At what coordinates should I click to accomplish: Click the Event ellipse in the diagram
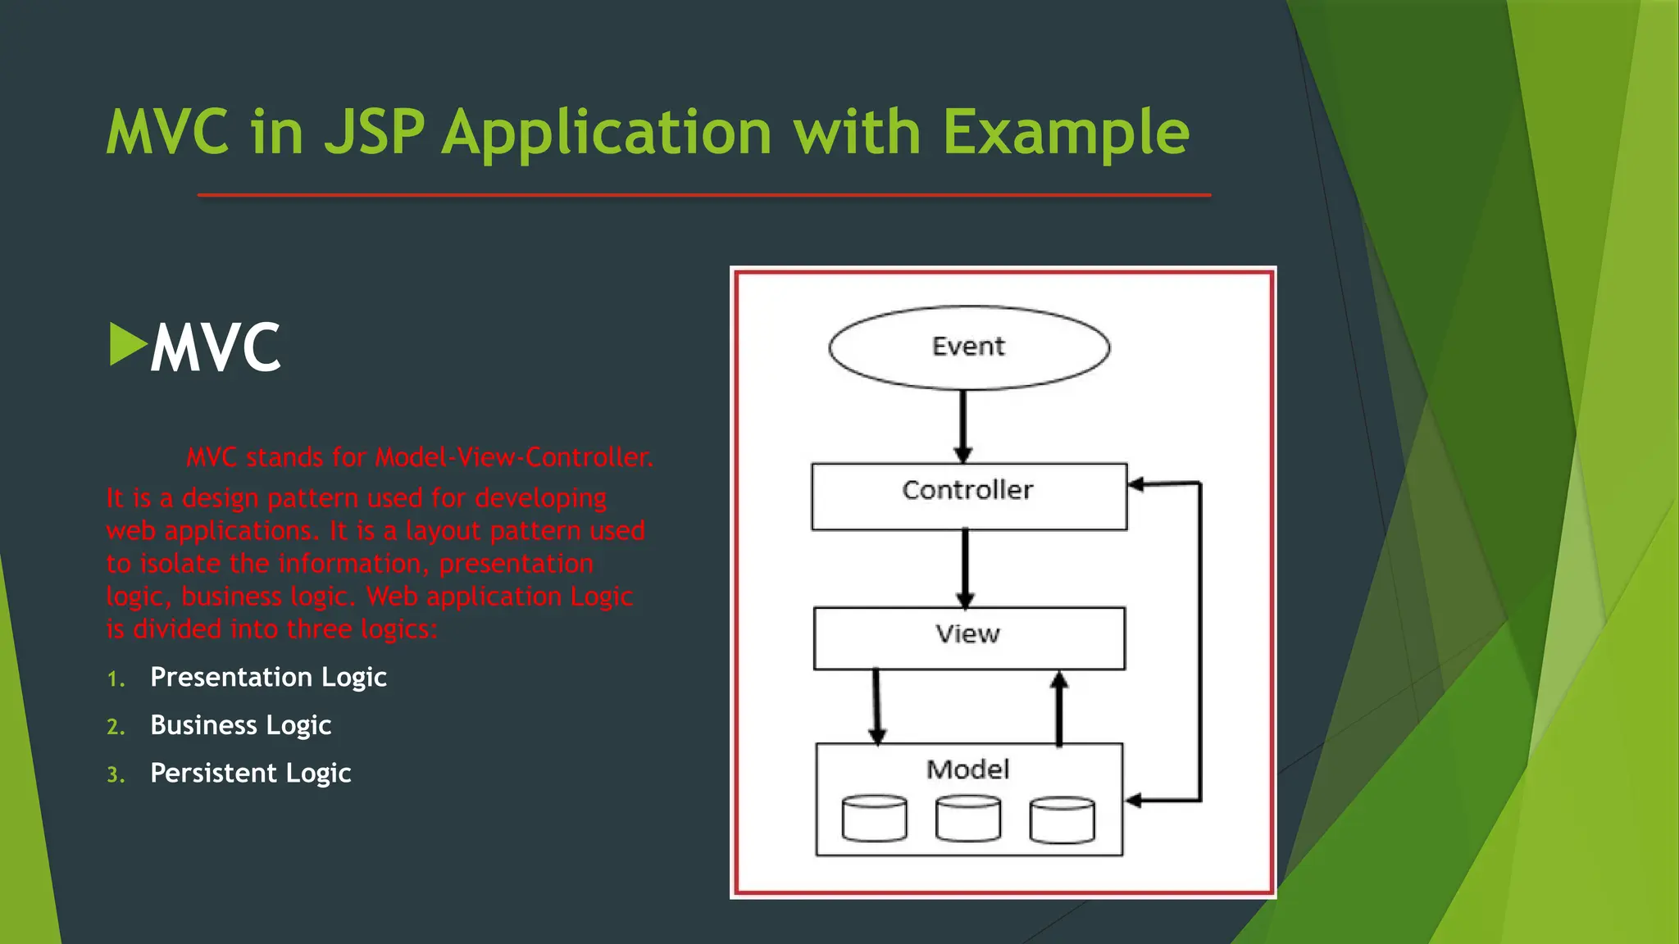(969, 347)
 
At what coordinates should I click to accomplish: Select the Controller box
(969, 497)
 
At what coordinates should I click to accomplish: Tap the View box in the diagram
(969, 638)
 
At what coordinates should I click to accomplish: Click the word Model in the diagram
(967, 769)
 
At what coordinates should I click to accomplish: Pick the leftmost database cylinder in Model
(875, 819)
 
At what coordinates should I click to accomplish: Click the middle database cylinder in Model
(968, 819)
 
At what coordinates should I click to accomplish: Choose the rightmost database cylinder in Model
(1062, 819)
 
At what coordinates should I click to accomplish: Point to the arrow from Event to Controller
(963, 426)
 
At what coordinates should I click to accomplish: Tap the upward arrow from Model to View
(1059, 708)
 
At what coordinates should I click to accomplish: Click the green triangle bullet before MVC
(126, 344)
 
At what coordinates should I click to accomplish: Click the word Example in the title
(1065, 132)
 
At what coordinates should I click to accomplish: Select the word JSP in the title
(375, 132)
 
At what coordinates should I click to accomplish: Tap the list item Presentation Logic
(268, 677)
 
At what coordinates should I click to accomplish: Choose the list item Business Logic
(240, 725)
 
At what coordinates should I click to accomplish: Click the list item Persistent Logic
(250, 773)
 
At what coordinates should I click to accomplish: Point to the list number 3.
(115, 775)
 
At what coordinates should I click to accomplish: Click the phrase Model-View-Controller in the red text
(513, 457)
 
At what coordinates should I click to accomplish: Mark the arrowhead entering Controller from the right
(1136, 484)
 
